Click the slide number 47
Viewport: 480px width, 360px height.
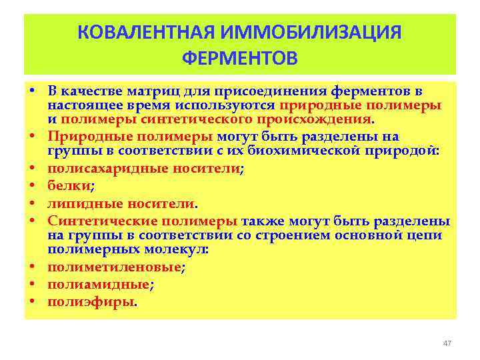(447, 343)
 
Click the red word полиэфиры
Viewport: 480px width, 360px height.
(91, 301)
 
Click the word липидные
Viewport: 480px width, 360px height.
(79, 204)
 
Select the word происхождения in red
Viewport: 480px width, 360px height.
(315, 119)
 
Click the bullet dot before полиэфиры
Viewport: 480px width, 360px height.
(31, 301)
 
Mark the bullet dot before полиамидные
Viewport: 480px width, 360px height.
(31, 284)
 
